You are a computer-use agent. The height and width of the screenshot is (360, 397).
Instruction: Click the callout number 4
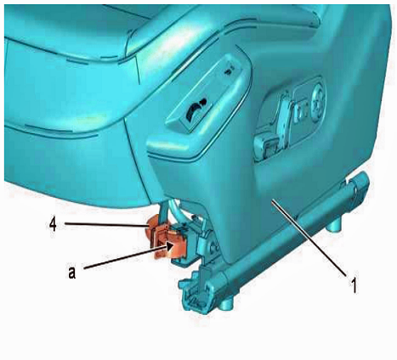pos(53,225)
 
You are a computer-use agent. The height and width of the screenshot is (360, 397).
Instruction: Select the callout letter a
pos(72,273)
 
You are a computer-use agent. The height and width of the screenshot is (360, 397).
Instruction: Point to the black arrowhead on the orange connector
pos(170,246)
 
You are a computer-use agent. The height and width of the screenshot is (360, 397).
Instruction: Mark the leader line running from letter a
pos(126,257)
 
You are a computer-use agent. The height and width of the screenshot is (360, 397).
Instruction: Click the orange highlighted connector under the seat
pos(166,239)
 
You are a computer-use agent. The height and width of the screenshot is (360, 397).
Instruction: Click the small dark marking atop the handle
pos(228,70)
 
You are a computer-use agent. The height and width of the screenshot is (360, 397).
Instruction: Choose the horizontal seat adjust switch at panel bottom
pos(265,145)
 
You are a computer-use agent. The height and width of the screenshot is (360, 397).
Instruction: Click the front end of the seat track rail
pos(196,291)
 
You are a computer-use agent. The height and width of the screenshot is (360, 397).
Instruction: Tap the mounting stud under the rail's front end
pos(227,303)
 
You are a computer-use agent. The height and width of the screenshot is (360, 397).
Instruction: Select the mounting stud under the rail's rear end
pos(333,227)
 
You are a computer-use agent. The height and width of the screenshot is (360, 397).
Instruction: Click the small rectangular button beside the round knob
pos(301,112)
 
